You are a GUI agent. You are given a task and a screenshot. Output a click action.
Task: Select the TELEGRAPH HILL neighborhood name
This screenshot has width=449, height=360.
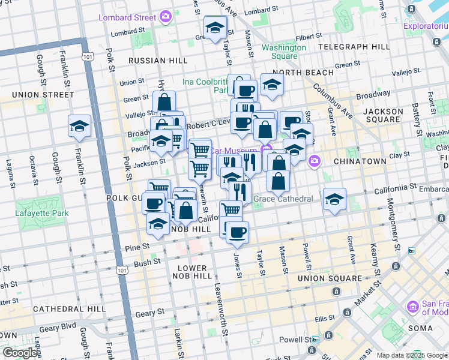tap(354, 46)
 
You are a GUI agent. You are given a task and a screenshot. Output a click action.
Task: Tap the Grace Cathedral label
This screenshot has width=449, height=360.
tap(283, 199)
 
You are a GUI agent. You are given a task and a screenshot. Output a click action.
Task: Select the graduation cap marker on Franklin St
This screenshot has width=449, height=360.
tap(79, 127)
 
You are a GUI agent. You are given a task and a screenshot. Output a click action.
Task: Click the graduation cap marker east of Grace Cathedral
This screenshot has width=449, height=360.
tap(335, 199)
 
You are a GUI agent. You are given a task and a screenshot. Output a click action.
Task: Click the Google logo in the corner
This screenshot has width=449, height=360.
tap(20, 353)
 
